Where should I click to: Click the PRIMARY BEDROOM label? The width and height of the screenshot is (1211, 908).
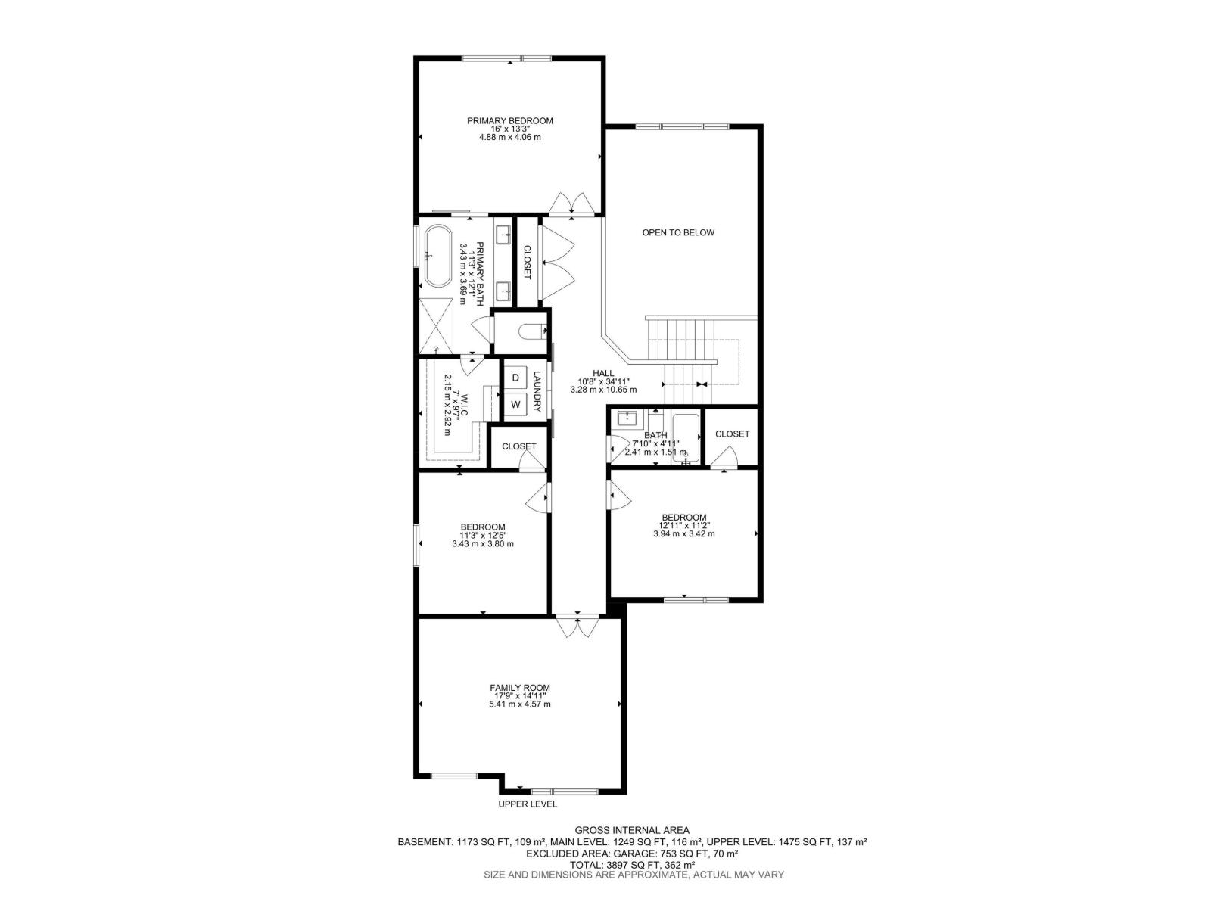pos(509,121)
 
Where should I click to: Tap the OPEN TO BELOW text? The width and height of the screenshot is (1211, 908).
pos(678,232)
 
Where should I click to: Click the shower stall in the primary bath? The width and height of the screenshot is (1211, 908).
pos(440,323)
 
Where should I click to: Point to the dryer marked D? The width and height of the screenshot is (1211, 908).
pos(515,378)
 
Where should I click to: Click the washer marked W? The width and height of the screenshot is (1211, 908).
pos(515,405)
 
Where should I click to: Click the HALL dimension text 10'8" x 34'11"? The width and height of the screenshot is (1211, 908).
pos(603,381)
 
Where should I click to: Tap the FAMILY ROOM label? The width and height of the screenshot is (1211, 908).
pos(519,688)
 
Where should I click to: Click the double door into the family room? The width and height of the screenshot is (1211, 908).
pos(577,627)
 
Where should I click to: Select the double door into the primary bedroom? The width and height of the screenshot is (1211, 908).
pos(572,204)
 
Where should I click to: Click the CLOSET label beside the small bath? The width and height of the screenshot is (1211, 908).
pos(732,434)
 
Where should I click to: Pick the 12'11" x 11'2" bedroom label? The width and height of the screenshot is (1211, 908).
pos(683,525)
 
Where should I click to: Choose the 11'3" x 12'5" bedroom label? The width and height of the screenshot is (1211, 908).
pos(483,535)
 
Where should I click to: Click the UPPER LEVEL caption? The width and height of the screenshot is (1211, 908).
pos(528,804)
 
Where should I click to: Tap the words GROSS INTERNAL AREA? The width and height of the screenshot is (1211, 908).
pos(632,830)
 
